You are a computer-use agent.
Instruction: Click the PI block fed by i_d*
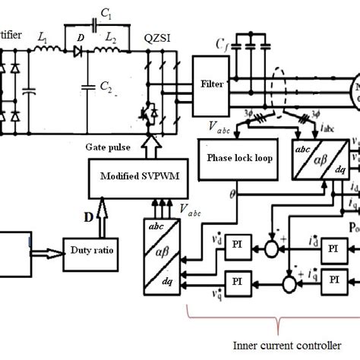(333, 270)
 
